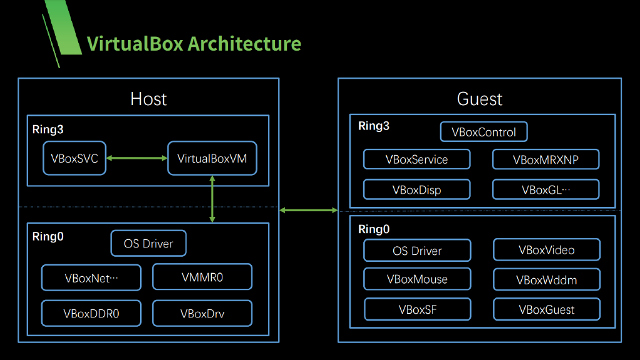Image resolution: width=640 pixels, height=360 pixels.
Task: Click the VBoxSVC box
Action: point(74,159)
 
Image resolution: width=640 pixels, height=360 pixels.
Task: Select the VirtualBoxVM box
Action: point(212,159)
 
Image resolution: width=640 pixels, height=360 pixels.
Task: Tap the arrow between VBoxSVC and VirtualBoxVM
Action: point(137,159)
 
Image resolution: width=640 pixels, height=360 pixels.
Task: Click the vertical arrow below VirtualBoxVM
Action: point(212,199)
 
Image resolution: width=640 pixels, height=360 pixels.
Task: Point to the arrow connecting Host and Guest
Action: point(308,211)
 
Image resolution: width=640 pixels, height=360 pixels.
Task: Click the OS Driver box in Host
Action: point(148,243)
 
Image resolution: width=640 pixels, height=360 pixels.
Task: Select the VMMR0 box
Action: point(202,277)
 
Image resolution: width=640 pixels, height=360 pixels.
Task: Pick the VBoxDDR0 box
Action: point(91,313)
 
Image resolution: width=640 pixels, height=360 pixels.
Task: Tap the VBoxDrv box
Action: point(202,313)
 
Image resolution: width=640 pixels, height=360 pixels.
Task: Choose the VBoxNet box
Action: point(91,277)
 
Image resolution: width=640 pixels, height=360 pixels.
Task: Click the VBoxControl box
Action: point(484,132)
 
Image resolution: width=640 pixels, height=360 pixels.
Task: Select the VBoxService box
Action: point(416,159)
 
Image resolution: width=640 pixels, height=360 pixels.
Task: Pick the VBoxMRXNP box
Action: point(546,159)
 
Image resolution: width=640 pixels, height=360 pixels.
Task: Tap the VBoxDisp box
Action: point(416,189)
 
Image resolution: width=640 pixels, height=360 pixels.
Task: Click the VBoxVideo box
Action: point(546,250)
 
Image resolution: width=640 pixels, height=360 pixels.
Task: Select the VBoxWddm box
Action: point(546,279)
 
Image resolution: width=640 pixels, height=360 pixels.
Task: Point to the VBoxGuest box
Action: point(546,309)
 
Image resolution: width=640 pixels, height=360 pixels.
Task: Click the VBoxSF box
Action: point(417,309)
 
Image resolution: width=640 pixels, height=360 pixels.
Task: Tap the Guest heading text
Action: point(479,99)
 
